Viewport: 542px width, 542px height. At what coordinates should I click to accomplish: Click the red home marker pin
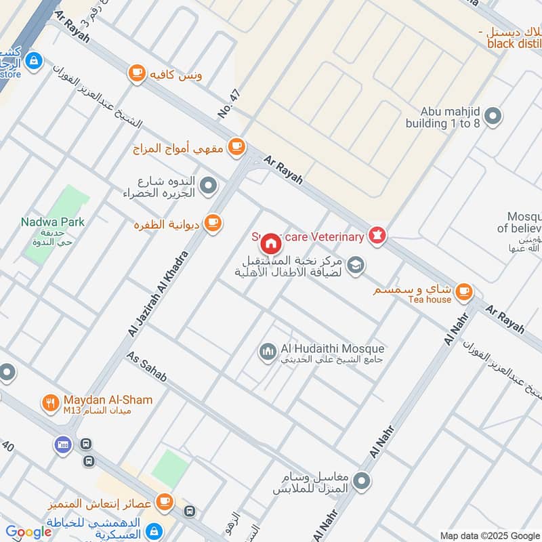tap(270, 243)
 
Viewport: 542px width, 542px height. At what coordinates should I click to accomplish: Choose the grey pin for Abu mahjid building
tap(493, 117)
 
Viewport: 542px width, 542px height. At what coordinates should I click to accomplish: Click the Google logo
tap(28, 532)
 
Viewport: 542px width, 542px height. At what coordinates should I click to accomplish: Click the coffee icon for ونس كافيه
tap(137, 72)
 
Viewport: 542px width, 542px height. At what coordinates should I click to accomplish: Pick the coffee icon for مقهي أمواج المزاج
tap(236, 146)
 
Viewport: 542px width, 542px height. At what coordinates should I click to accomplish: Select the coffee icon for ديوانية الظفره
tap(213, 222)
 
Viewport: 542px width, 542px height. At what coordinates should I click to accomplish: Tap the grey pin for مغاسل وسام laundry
tap(363, 482)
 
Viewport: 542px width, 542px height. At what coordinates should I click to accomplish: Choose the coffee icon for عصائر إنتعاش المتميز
tap(164, 502)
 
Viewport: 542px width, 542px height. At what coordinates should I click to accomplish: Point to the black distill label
tap(514, 43)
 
